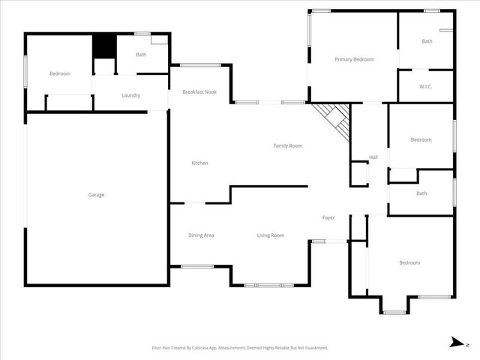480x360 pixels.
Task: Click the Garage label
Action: tap(96, 195)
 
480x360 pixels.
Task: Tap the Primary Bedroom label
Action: tap(354, 59)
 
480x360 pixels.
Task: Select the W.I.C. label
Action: tap(425, 86)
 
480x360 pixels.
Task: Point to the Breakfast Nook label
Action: tap(199, 92)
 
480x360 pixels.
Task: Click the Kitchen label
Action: tap(199, 163)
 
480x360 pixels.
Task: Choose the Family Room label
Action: tap(287, 145)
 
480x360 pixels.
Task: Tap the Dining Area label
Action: tap(201, 235)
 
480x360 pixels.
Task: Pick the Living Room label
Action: tap(271, 235)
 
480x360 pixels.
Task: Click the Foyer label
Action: tap(328, 217)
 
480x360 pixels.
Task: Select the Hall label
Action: tap(373, 157)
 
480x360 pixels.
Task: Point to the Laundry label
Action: tap(130, 95)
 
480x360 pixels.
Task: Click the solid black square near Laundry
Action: tap(103, 46)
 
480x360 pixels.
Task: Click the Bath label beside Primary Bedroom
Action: tap(427, 41)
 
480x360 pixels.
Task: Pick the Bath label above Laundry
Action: tap(141, 55)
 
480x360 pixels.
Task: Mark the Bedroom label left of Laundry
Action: tap(60, 73)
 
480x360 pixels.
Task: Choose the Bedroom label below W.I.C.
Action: tap(421, 139)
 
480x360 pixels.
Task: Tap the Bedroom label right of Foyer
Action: tap(409, 262)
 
